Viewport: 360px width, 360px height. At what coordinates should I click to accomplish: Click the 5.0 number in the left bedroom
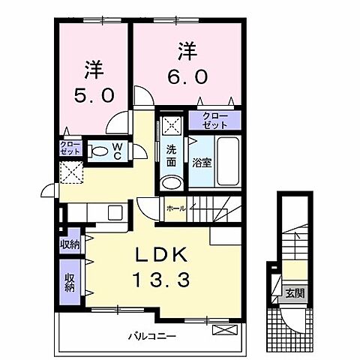(94, 96)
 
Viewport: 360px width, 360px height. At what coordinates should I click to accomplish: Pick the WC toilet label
(119, 150)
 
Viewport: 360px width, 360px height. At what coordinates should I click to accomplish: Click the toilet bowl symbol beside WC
(98, 151)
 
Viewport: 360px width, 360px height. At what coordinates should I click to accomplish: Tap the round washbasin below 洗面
(172, 183)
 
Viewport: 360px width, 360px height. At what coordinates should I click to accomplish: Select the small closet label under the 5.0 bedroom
(70, 147)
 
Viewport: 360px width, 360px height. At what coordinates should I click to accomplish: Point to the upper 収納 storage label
(70, 244)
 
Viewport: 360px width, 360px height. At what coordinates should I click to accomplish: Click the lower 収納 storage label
(70, 282)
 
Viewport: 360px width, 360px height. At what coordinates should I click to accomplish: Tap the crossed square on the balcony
(223, 329)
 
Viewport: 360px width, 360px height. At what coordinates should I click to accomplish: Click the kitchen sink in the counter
(115, 212)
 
